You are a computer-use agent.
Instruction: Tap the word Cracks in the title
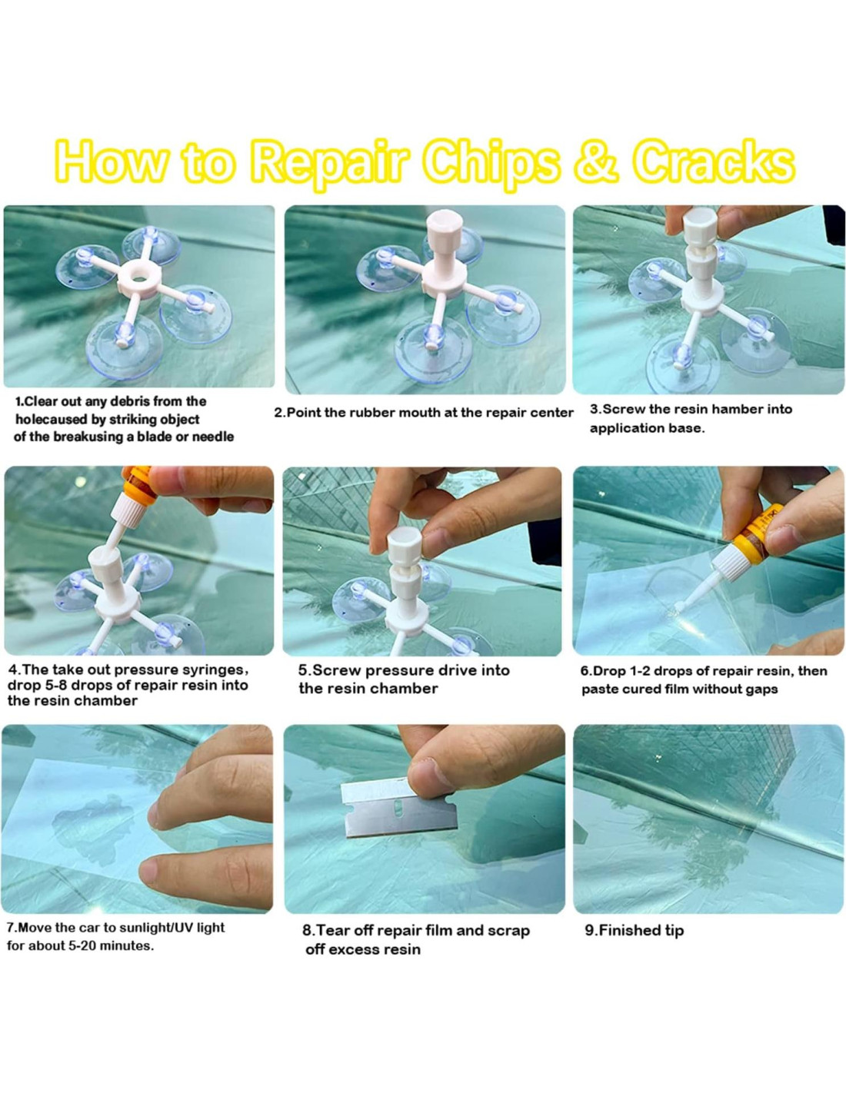point(713,162)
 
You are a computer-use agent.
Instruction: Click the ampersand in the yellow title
point(595,162)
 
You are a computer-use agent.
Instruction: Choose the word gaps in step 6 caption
point(762,689)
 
